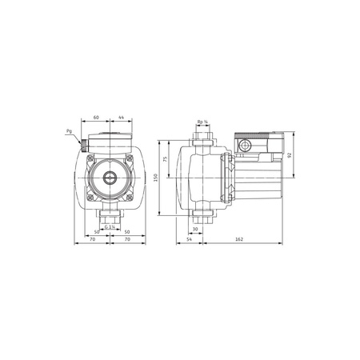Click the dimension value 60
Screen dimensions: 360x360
[96, 118]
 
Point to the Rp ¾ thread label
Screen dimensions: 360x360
[203, 122]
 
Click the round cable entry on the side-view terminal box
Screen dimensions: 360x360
[245, 146]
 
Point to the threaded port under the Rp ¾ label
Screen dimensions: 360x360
[203, 138]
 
